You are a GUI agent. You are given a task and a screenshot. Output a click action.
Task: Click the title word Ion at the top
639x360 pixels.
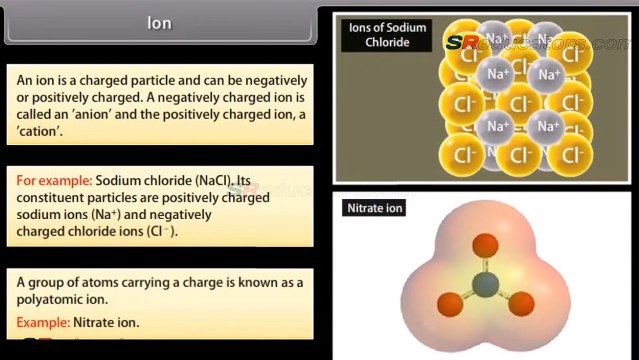click(159, 23)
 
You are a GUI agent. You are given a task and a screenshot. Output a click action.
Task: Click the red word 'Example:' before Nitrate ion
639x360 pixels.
click(44, 322)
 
